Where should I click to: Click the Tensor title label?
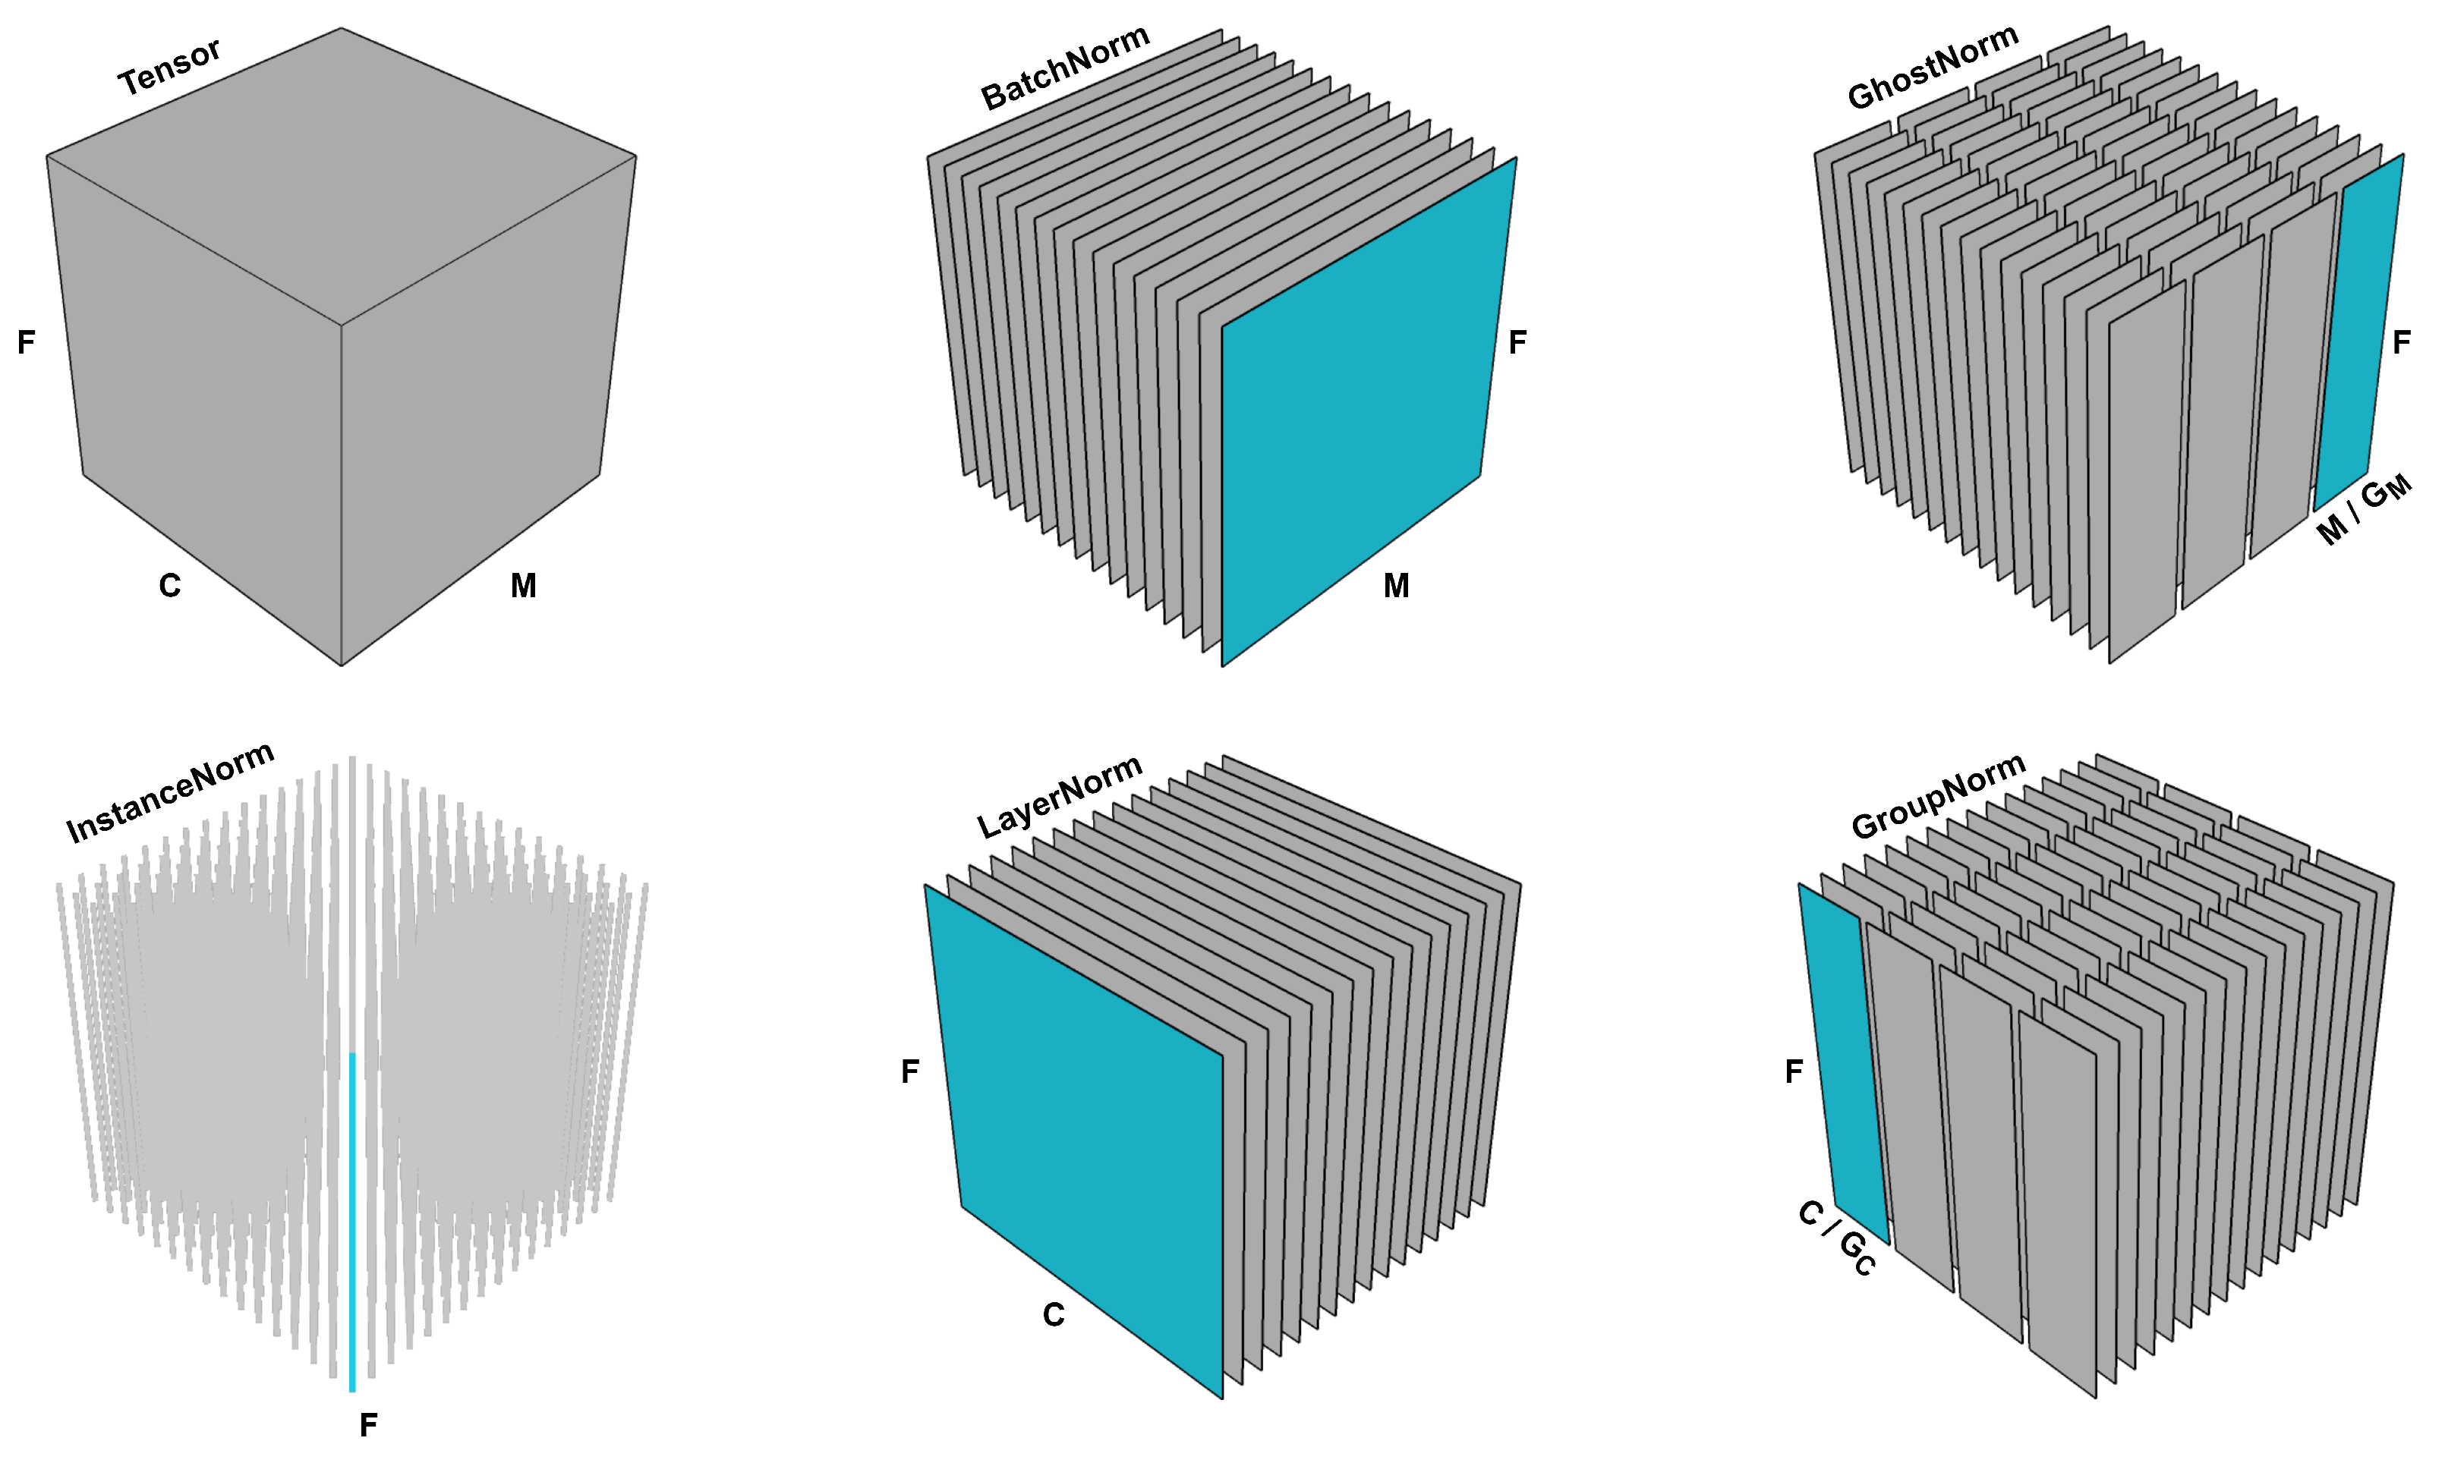169,67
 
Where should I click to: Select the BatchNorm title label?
1066,67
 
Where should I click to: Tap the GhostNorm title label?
1933,66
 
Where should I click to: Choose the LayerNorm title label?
1060,797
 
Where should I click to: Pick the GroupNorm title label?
1938,797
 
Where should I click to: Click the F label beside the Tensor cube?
27,342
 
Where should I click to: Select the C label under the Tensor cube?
169,586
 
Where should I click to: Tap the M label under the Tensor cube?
524,586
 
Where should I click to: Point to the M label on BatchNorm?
1396,586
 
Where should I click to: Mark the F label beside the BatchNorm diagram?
1517,342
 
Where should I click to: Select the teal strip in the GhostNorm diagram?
2359,332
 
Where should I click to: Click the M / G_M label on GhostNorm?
2364,511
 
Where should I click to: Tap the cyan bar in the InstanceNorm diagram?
352,1222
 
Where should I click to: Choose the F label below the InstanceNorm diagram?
369,1424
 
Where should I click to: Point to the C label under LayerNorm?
1054,1315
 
